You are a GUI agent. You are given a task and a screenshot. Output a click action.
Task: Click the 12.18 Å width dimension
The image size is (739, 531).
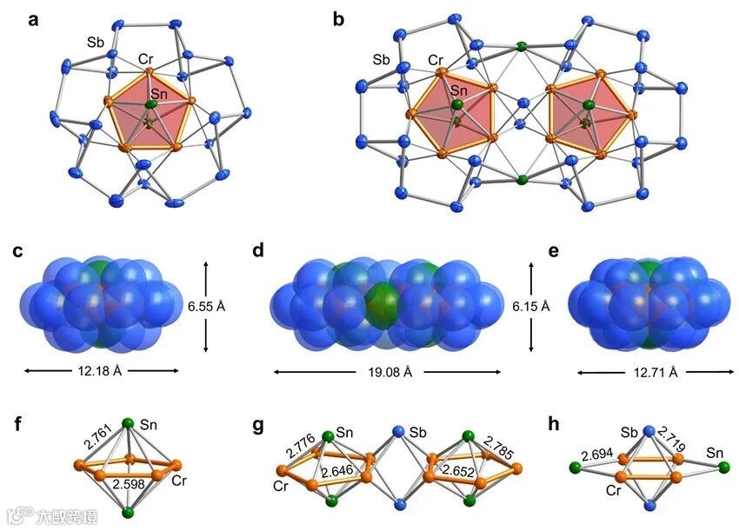(101, 372)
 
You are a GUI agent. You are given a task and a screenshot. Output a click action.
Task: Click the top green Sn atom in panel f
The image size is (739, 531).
(128, 423)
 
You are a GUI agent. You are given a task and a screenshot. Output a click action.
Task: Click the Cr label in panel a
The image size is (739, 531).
(146, 60)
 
